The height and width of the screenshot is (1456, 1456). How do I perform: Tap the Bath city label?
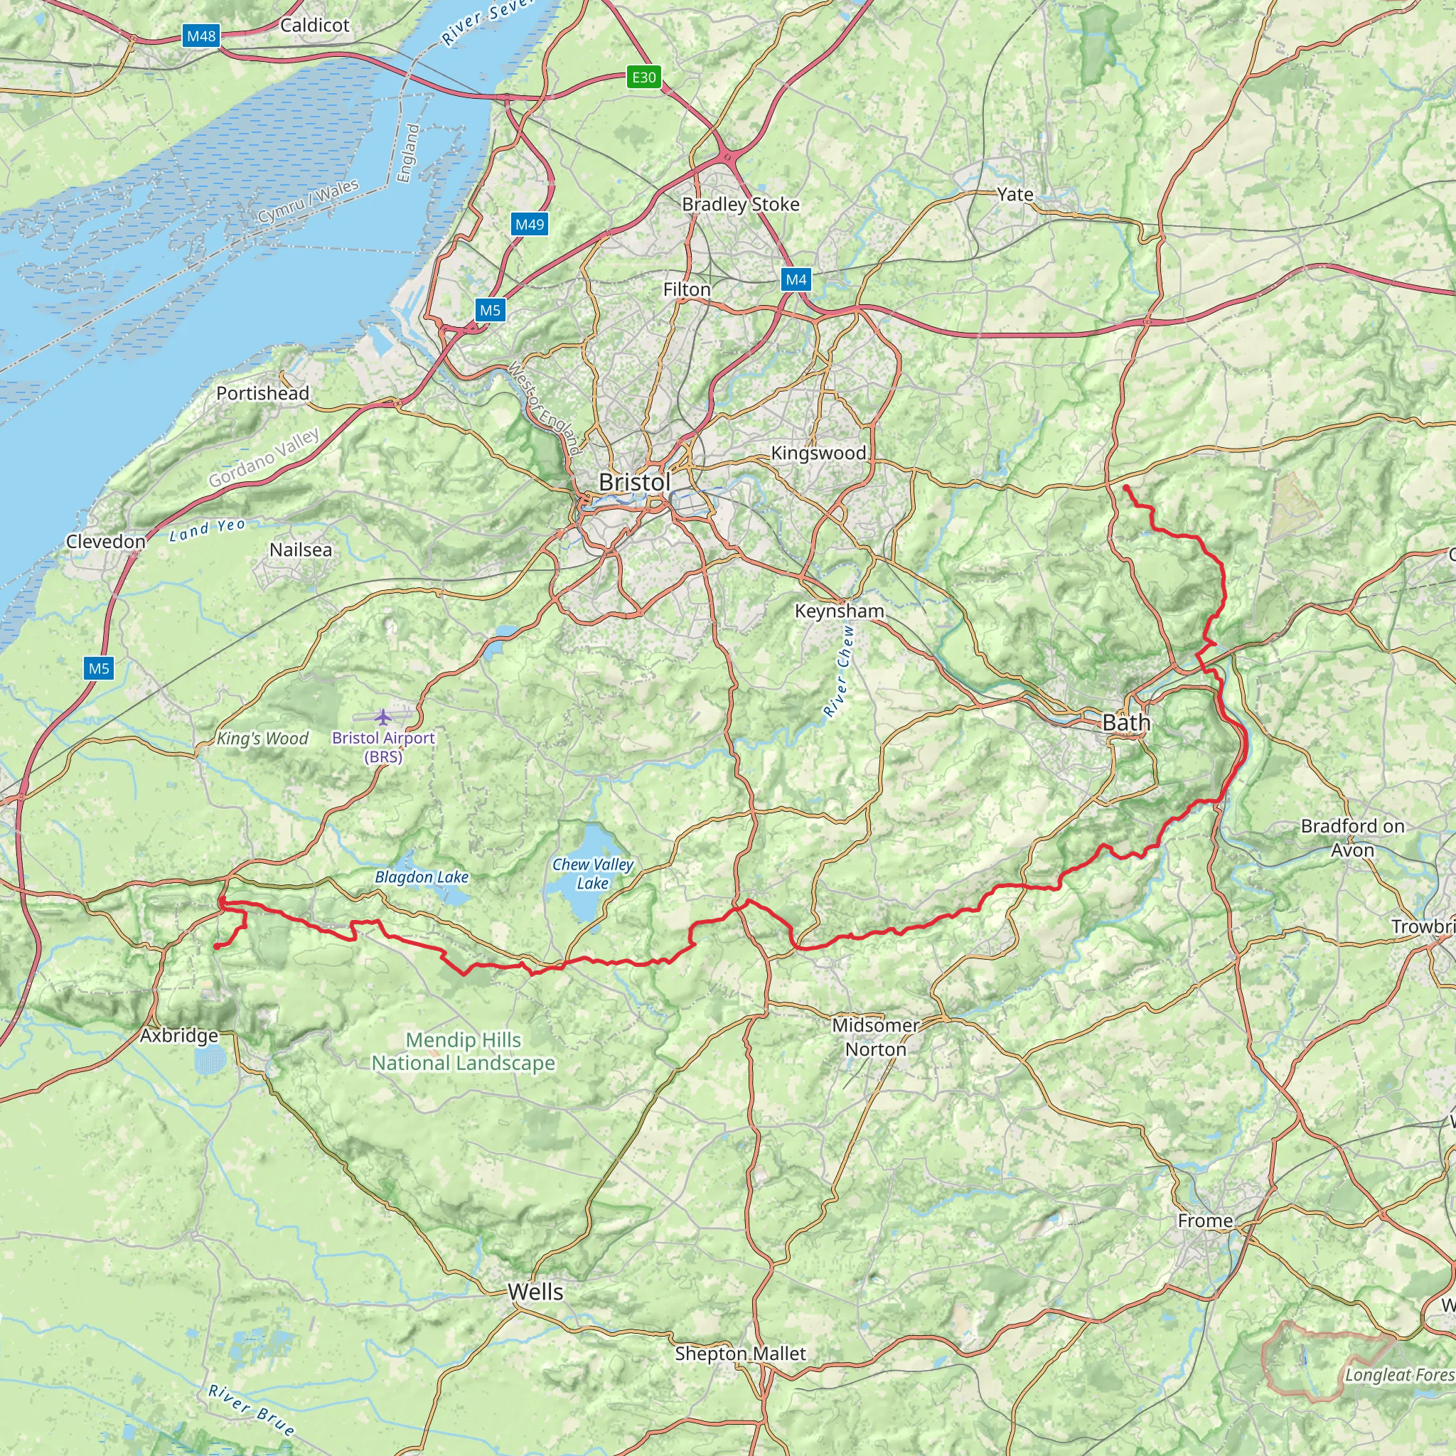pyautogui.click(x=1126, y=723)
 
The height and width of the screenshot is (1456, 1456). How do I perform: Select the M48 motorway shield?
pyautogui.click(x=201, y=36)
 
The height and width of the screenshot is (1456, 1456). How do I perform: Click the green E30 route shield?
pyautogui.click(x=643, y=77)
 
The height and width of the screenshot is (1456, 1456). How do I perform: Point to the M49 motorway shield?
pyautogui.click(x=529, y=224)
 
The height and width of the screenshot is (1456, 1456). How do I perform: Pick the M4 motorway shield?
pyautogui.click(x=796, y=279)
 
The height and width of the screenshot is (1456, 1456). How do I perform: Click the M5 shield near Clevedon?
pyautogui.click(x=99, y=668)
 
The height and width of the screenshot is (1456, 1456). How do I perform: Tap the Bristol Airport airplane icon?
pyautogui.click(x=385, y=715)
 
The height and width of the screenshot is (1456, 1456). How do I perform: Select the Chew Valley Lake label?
pyautogui.click(x=592, y=874)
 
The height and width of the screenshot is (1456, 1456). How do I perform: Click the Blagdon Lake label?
pyautogui.click(x=422, y=877)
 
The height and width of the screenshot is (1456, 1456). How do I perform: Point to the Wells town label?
pyautogui.click(x=535, y=1292)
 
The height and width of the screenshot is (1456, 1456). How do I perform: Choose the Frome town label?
pyautogui.click(x=1205, y=1220)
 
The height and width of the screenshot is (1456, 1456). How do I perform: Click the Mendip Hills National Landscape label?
pyautogui.click(x=463, y=1051)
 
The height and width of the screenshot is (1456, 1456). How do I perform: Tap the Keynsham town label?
pyautogui.click(x=839, y=611)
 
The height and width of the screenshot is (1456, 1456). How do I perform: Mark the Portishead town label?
pyautogui.click(x=262, y=393)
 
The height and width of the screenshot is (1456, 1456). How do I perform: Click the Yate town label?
pyautogui.click(x=1015, y=194)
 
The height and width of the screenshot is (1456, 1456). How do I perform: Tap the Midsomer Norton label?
pyautogui.click(x=875, y=1037)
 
